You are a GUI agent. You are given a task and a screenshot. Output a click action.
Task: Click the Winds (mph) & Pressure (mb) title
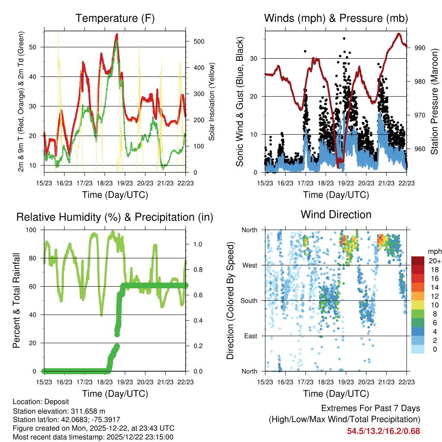click(336, 19)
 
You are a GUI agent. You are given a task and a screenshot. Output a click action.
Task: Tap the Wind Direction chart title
click(336, 215)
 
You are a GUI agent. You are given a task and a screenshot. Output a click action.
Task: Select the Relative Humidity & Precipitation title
click(114, 217)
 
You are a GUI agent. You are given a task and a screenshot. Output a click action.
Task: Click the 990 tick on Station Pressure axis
click(420, 48)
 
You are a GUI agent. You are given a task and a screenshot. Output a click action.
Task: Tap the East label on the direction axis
click(250, 336)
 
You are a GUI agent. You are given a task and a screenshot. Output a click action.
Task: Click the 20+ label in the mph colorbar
click(434, 261)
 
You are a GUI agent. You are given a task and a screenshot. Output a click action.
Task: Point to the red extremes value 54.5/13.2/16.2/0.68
click(383, 431)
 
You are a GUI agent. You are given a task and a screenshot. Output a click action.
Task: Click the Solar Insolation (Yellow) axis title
click(212, 101)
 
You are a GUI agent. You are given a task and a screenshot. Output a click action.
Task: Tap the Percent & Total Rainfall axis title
click(17, 300)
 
